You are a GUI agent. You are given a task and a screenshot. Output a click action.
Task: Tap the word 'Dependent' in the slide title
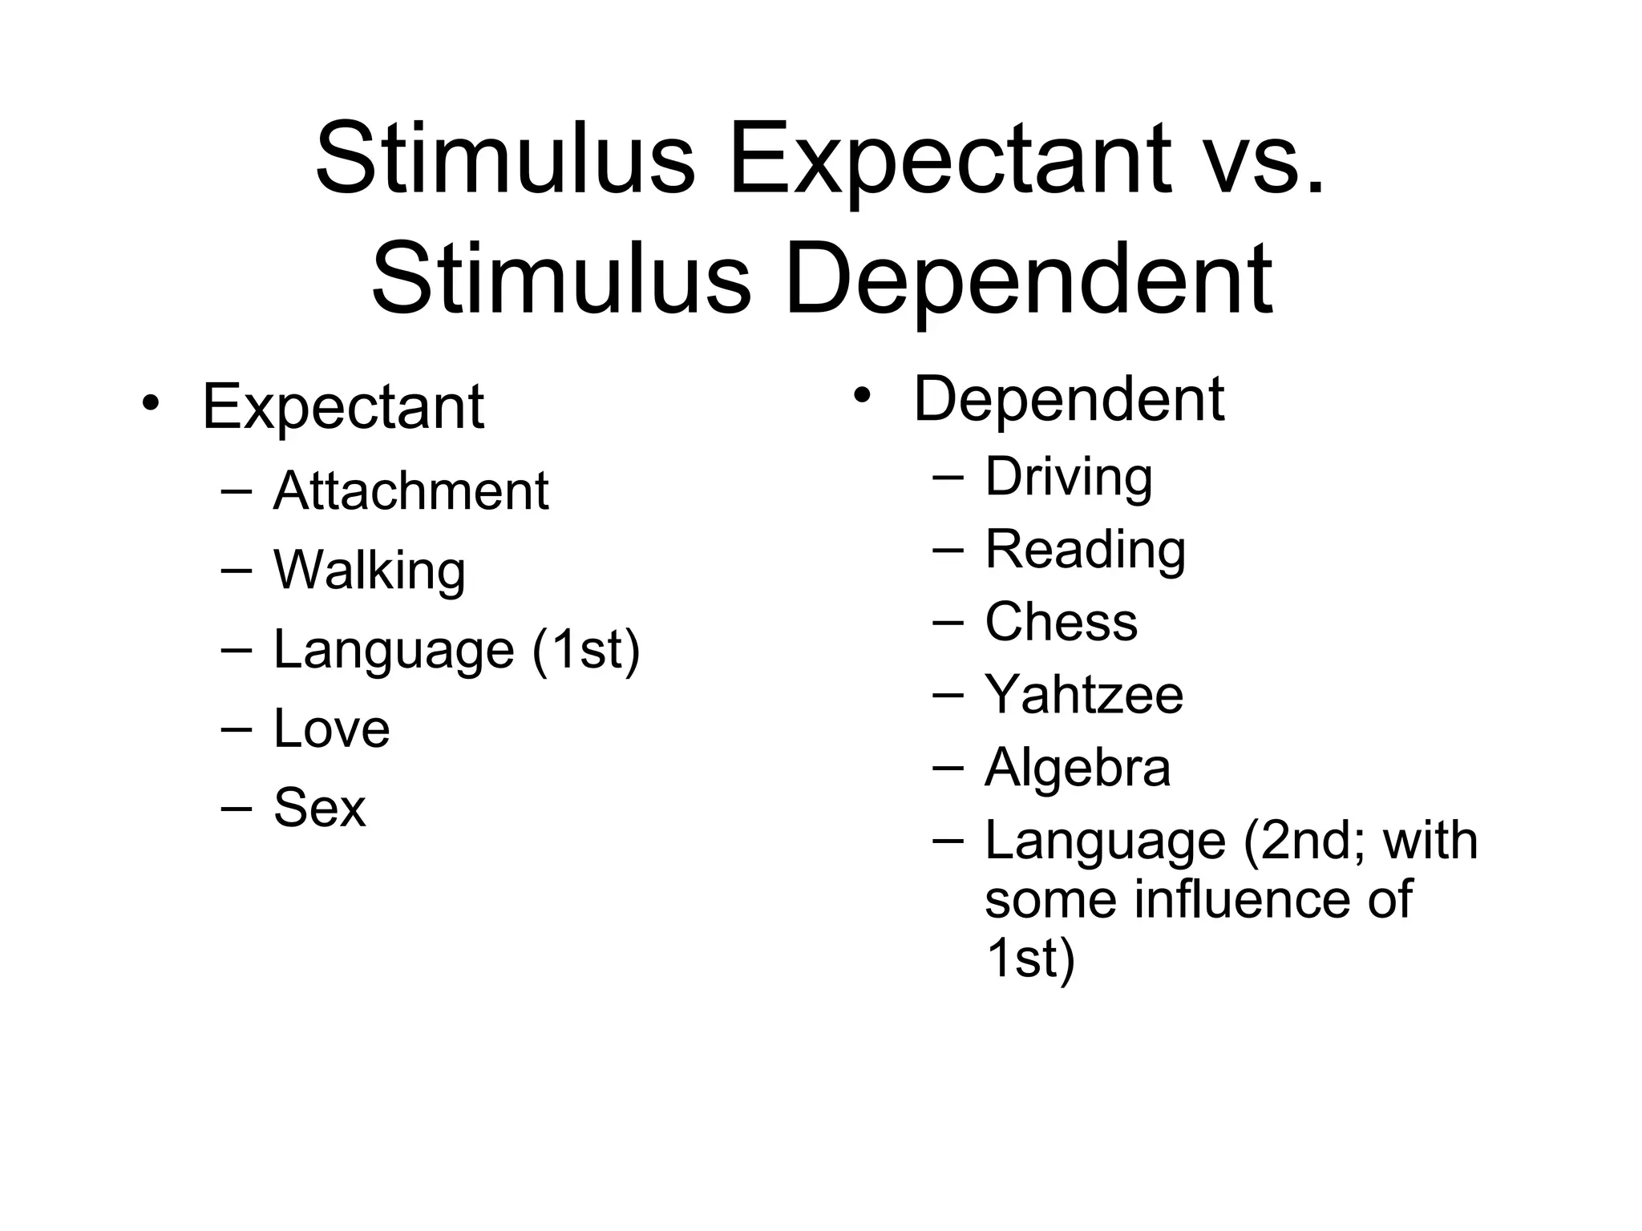(x=1028, y=280)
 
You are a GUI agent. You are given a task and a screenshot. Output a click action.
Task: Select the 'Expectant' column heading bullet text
(x=343, y=407)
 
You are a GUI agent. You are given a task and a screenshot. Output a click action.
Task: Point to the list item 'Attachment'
(x=410, y=490)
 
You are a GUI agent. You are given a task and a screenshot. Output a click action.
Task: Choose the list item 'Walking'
(x=369, y=570)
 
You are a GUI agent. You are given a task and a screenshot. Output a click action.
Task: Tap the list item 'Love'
(x=331, y=729)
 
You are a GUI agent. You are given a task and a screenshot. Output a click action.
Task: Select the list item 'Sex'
(x=319, y=807)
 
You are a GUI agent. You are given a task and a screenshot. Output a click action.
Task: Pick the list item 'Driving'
(x=1068, y=477)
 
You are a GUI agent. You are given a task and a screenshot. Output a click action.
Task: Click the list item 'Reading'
(x=1085, y=550)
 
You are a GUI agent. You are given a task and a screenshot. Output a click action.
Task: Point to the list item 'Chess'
(x=1061, y=622)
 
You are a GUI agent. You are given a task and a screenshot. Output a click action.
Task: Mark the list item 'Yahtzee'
(x=1083, y=694)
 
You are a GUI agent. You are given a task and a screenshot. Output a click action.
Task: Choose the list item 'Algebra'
(x=1077, y=768)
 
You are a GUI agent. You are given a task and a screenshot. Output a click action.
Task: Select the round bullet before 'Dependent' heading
(x=861, y=395)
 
